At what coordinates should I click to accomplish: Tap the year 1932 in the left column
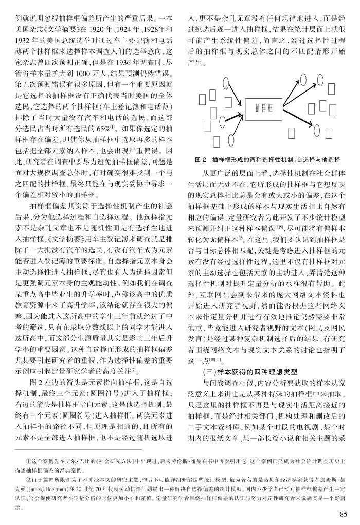pyautogui.click(x=23, y=39)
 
